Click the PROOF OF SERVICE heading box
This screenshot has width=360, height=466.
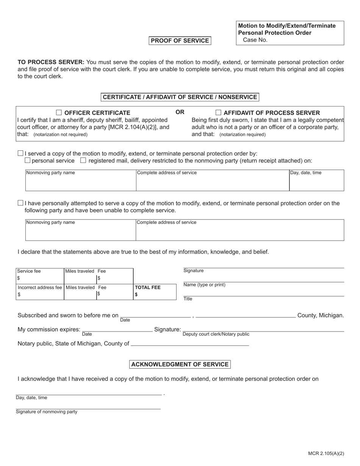click(180, 41)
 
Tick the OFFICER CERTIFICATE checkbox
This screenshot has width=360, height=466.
click(59, 113)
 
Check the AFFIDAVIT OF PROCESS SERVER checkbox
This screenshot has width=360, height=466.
click(218, 113)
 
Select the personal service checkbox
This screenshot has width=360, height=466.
click(27, 160)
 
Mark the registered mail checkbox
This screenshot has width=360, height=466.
click(83, 160)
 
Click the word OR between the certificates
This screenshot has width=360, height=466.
click(180, 112)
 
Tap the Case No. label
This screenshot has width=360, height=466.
click(255, 40)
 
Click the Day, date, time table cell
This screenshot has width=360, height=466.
click(316, 180)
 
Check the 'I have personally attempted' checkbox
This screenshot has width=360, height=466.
click(20, 203)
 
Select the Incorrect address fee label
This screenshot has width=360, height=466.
click(39, 288)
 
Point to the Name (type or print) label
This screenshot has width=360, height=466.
click(204, 285)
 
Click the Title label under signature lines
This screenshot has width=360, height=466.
click(188, 299)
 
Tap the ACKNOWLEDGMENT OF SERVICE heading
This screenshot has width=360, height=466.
click(180, 364)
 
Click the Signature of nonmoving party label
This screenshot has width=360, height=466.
click(47, 412)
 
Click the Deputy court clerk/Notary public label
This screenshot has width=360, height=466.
click(216, 334)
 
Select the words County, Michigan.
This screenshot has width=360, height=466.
click(321, 315)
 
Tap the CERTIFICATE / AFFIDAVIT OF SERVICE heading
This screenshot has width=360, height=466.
click(180, 97)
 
